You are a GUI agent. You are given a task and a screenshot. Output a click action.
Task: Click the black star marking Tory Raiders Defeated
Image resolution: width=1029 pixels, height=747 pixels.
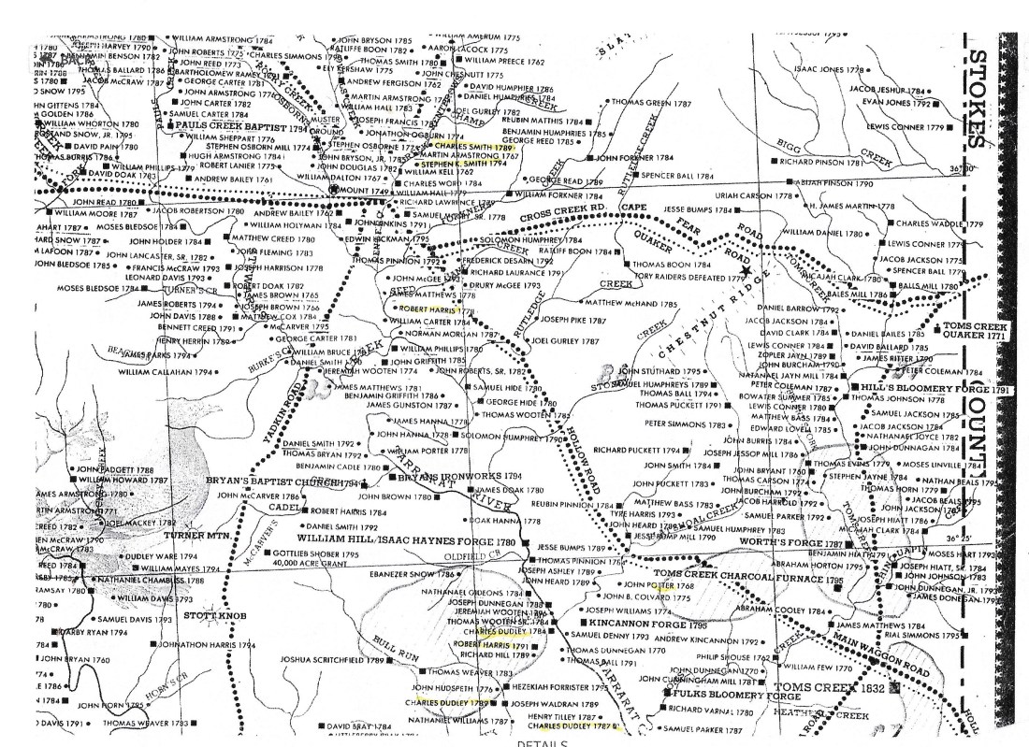745,271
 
